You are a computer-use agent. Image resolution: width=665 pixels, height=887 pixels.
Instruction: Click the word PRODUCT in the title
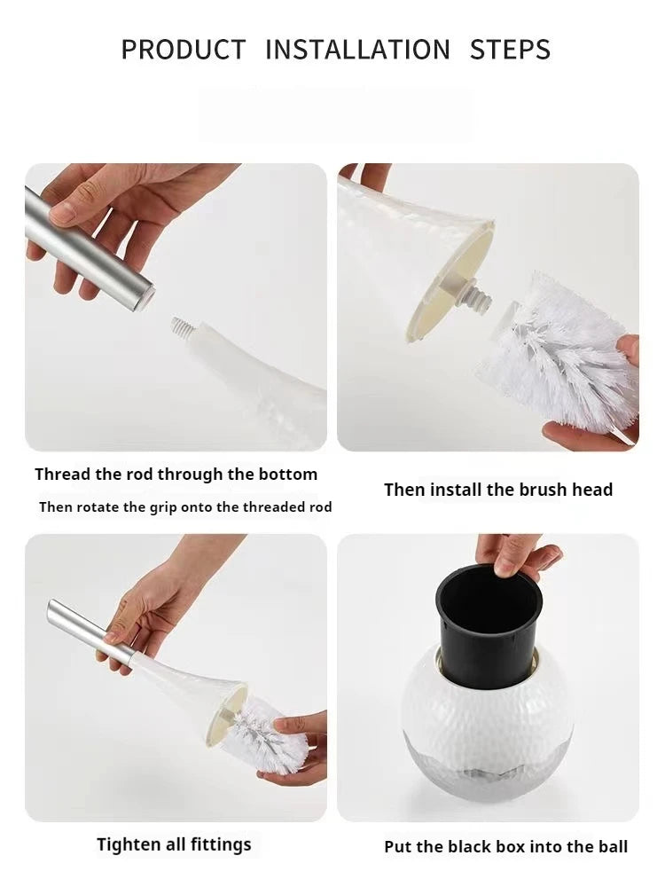coord(184,50)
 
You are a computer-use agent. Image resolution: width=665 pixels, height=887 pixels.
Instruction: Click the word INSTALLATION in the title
coord(358,50)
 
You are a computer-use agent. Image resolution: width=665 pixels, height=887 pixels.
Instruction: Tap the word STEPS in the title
coord(510,50)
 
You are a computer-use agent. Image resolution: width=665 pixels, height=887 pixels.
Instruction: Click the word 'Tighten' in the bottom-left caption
coord(128,844)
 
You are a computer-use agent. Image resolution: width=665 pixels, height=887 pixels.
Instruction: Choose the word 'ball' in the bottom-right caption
coord(612,847)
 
